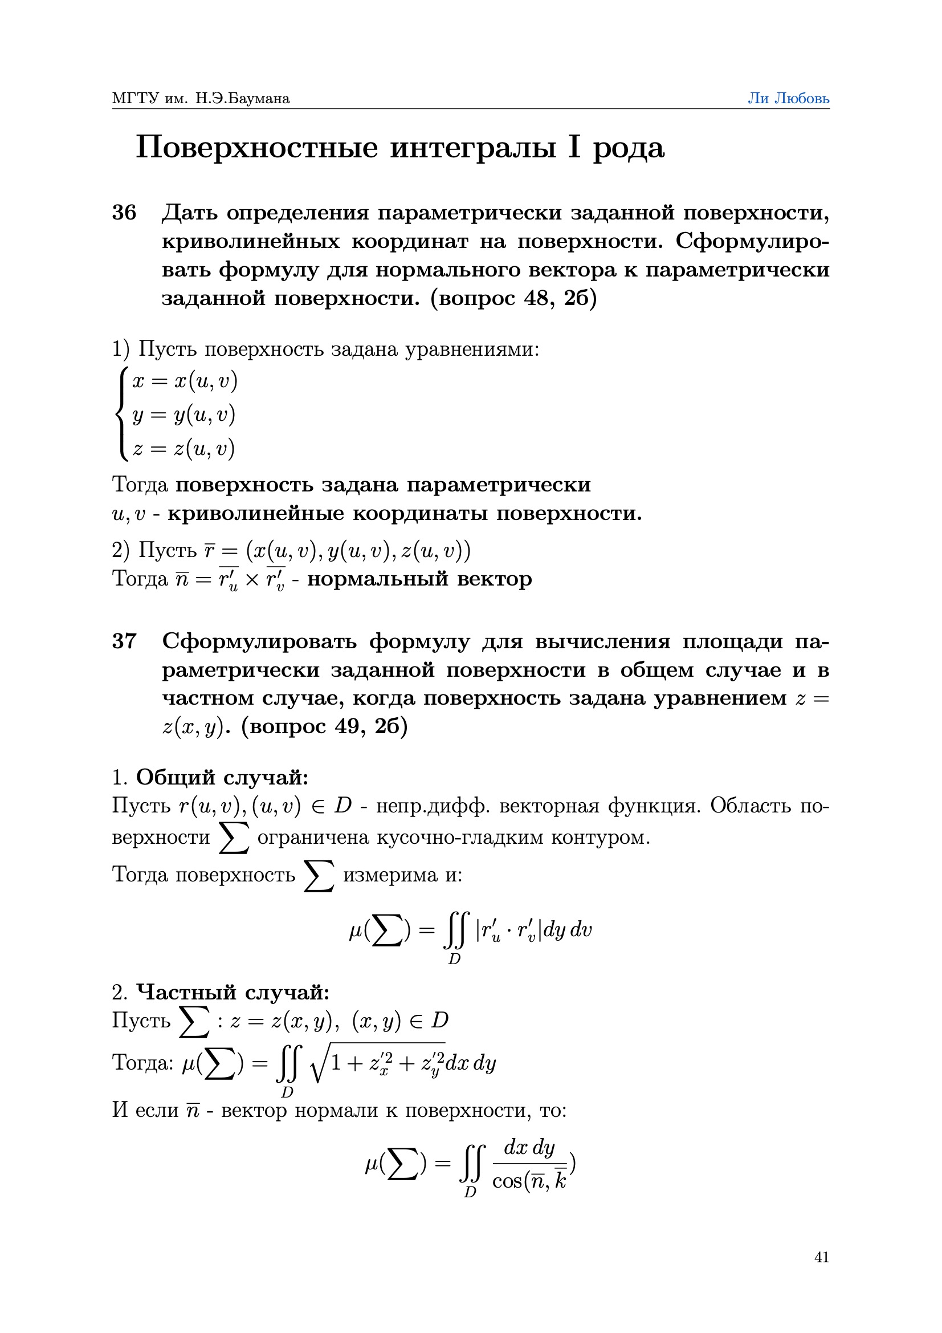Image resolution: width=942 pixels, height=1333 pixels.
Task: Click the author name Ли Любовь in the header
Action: [x=788, y=98]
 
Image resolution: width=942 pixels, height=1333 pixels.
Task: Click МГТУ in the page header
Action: [x=135, y=98]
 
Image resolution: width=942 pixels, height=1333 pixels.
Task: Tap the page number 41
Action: [x=821, y=1257]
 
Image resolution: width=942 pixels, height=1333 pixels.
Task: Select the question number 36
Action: [x=124, y=213]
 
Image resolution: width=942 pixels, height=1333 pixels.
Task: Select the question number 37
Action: [x=124, y=641]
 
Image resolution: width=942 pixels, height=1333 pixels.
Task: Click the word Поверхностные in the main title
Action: [x=257, y=148]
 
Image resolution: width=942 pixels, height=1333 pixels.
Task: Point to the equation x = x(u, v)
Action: [x=185, y=381]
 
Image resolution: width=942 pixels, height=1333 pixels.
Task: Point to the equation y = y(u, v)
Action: [x=183, y=414]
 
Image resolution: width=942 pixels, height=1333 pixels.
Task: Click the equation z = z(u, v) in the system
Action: [x=183, y=448]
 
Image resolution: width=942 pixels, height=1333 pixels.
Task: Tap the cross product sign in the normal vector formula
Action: [x=252, y=580]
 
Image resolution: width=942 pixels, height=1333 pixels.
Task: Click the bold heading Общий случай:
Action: [x=222, y=777]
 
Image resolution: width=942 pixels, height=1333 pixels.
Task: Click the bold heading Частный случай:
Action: [x=232, y=992]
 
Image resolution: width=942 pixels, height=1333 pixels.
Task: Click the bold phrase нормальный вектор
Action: [x=419, y=579]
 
